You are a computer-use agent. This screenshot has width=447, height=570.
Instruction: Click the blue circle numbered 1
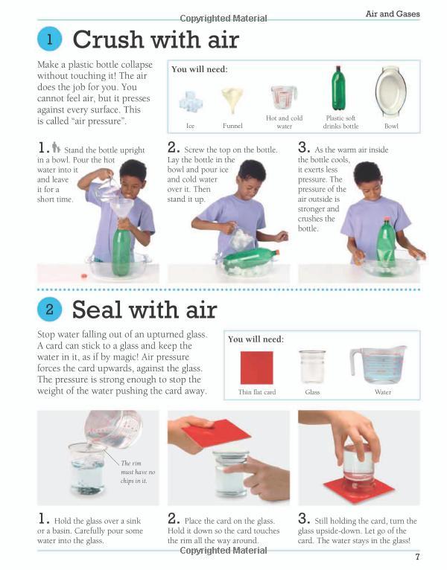click(x=49, y=39)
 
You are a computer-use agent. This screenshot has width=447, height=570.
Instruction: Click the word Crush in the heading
click(x=109, y=39)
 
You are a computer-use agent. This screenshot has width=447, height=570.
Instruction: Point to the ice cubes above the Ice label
click(x=191, y=101)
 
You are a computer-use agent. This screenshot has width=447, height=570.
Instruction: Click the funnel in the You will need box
click(x=232, y=99)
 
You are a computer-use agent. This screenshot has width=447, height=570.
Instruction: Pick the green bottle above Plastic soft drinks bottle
click(x=338, y=88)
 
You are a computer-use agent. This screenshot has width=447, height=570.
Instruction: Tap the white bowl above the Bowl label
click(x=391, y=92)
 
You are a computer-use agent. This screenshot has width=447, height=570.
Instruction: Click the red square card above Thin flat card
click(x=256, y=368)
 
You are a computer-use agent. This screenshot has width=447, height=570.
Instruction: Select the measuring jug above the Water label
click(x=378, y=365)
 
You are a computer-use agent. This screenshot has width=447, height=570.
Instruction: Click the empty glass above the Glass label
click(x=312, y=366)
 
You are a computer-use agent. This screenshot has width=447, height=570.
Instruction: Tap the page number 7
click(x=417, y=557)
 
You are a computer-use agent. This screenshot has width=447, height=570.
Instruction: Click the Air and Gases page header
click(x=393, y=14)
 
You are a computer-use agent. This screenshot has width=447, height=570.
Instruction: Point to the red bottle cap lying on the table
click(x=84, y=276)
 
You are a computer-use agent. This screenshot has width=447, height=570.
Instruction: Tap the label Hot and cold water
click(x=285, y=122)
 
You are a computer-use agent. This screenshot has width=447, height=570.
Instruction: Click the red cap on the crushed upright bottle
click(x=387, y=220)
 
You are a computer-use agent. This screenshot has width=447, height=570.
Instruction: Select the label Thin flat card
click(x=257, y=392)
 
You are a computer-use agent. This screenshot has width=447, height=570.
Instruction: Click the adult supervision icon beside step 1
click(x=56, y=147)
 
